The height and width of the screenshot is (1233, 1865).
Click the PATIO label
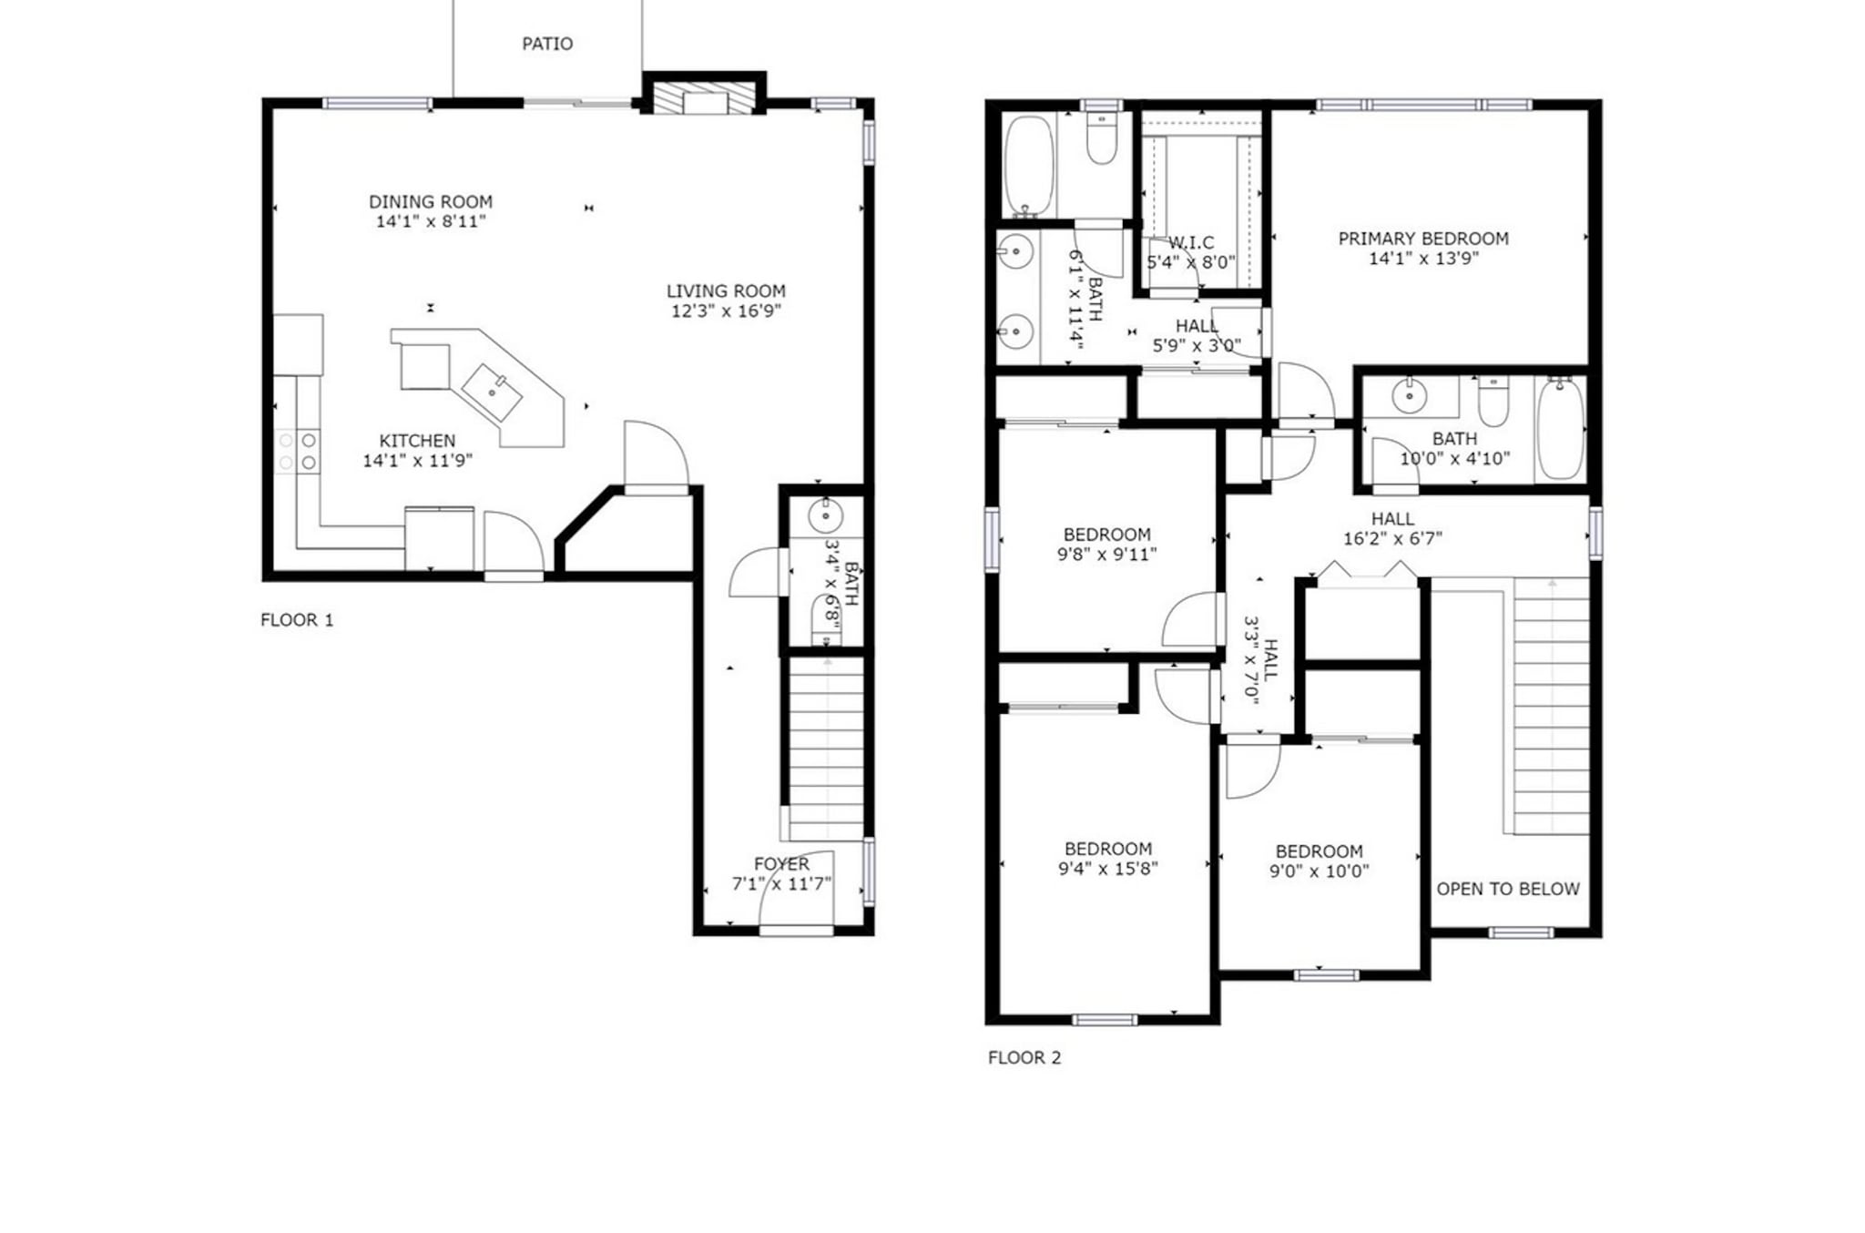[547, 44]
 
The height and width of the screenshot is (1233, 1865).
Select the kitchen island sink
[492, 392]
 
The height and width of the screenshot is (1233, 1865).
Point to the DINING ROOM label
[431, 201]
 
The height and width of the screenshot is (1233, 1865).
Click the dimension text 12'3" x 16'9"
[726, 311]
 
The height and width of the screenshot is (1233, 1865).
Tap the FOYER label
[781, 863]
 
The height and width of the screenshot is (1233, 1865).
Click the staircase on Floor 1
[825, 747]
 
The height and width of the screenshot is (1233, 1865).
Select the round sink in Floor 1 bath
[825, 516]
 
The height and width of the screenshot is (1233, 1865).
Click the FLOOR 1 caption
[297, 620]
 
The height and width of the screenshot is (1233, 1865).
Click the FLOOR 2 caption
[1024, 1057]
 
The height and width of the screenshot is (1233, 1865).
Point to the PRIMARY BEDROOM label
[1423, 239]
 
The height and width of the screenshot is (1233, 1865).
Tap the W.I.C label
[1191, 242]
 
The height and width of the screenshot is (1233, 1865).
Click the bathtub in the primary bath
[1028, 166]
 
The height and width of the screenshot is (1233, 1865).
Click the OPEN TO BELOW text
[1508, 889]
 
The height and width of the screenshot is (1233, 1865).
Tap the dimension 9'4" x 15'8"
[1107, 869]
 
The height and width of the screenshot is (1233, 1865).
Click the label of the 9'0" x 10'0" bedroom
[1319, 851]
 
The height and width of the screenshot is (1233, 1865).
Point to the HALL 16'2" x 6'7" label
[1392, 519]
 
